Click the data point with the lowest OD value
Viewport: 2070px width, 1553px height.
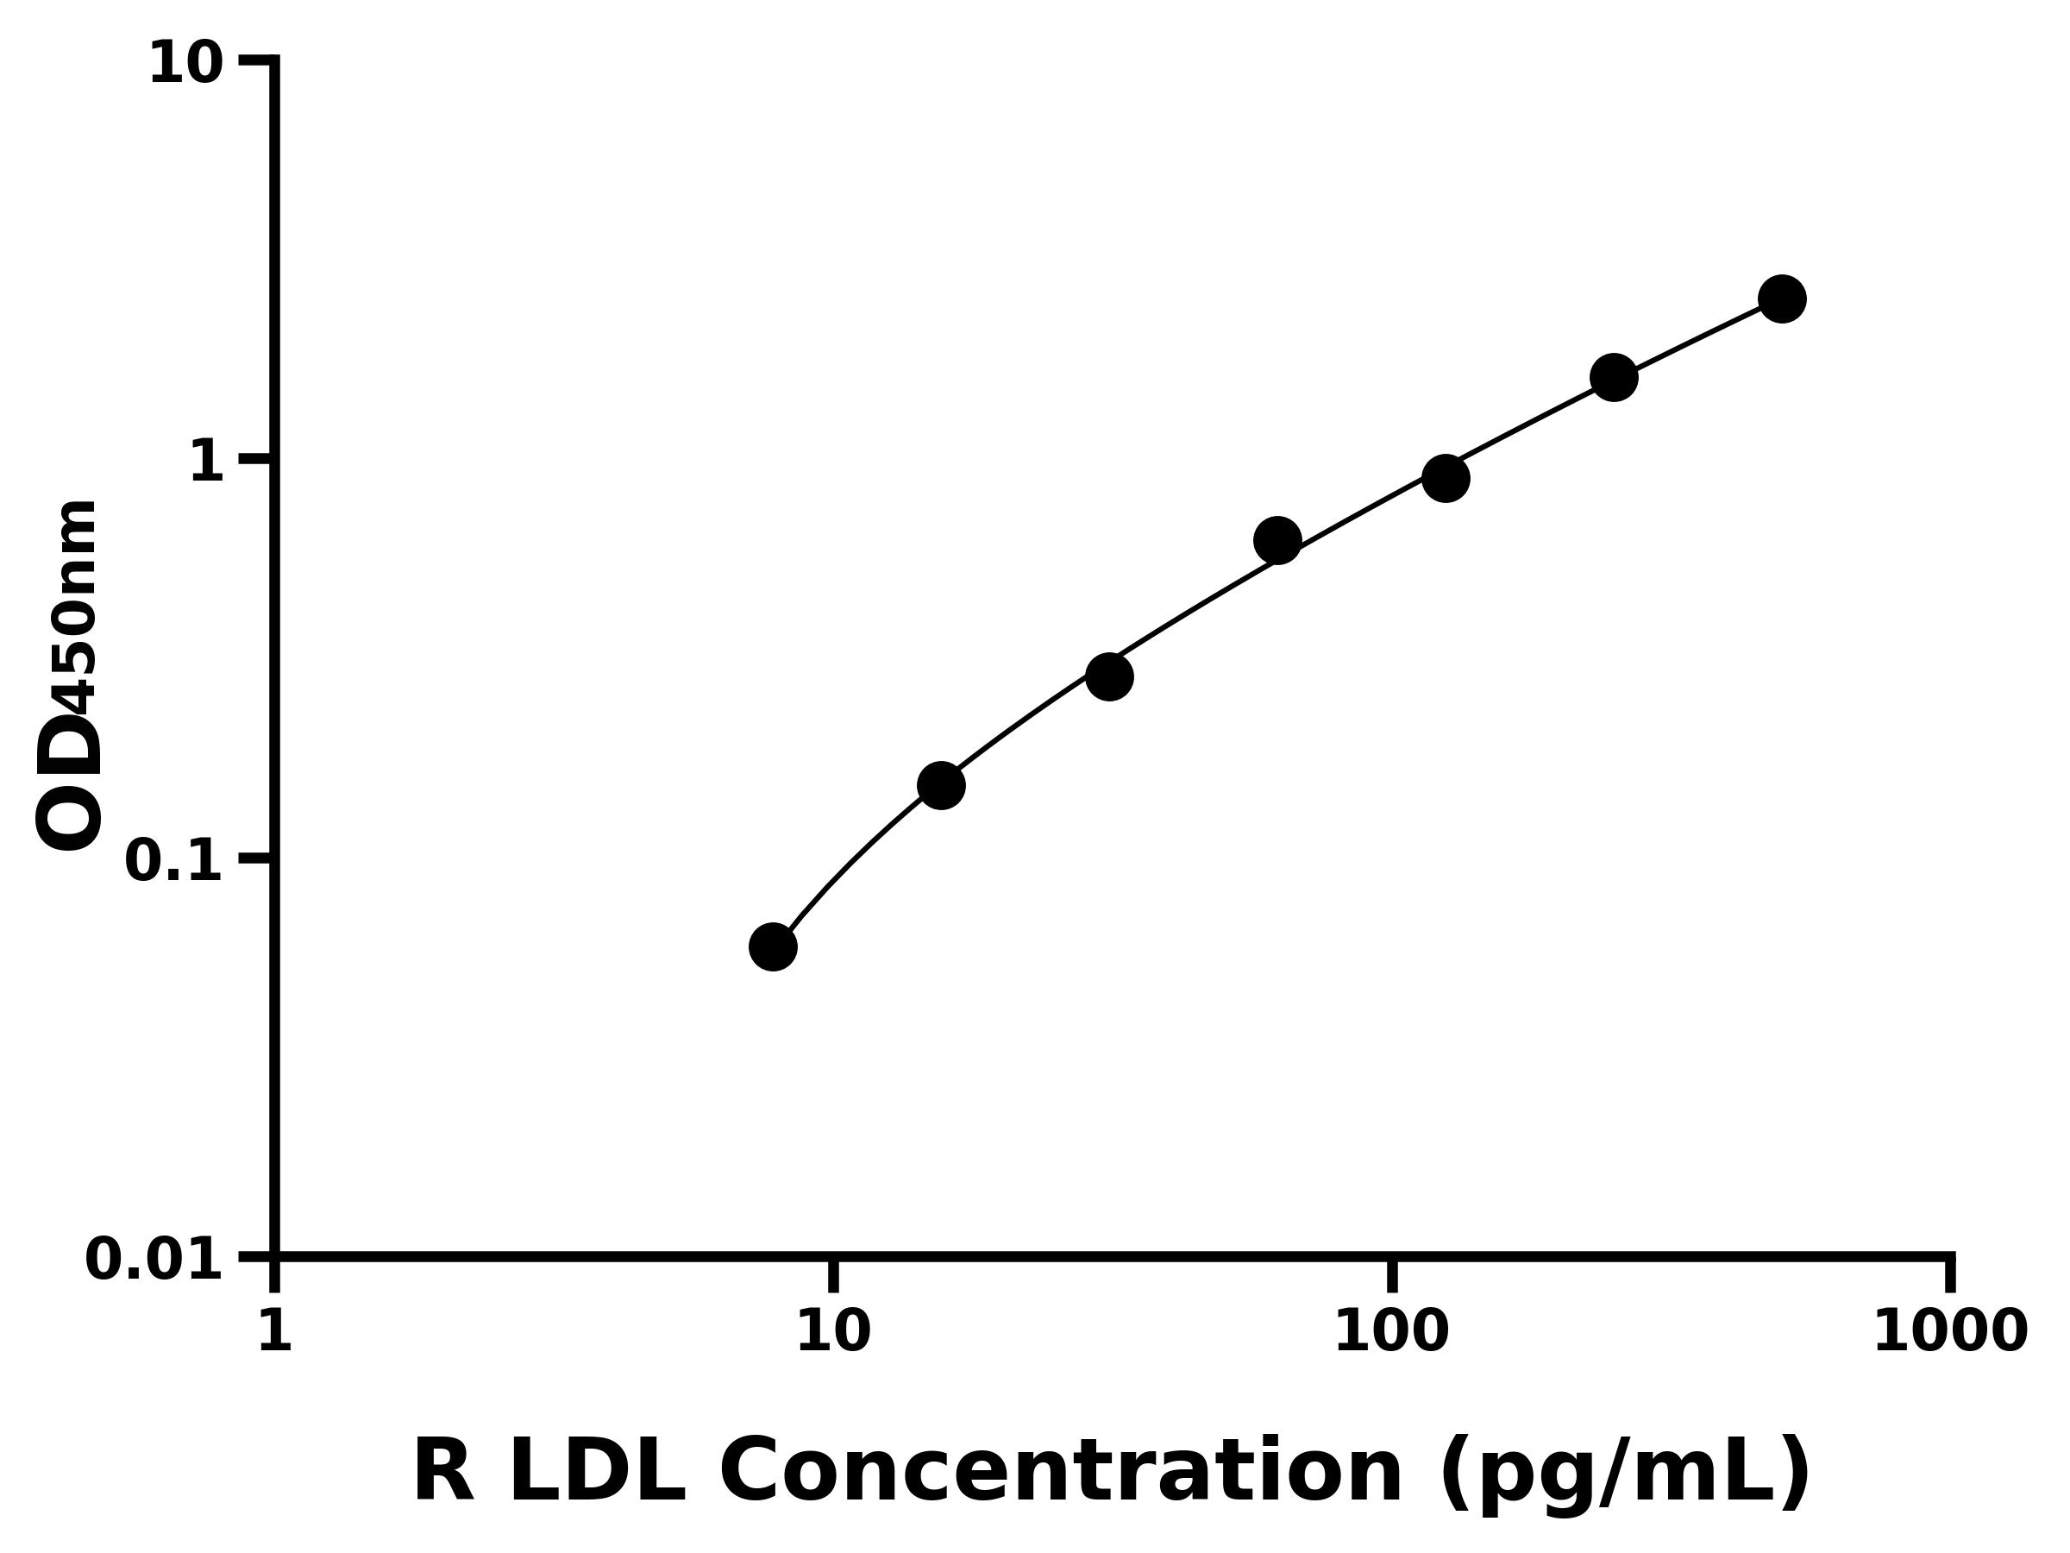(773, 946)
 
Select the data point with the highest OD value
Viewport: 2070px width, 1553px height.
(1782, 299)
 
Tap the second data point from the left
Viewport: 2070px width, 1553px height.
(940, 784)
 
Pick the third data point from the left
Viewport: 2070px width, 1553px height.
(1109, 676)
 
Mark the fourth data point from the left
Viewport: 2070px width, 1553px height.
(1276, 540)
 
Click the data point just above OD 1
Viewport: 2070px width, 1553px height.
(1445, 478)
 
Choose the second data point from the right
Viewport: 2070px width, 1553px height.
(1614, 377)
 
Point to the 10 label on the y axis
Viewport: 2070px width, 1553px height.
(186, 66)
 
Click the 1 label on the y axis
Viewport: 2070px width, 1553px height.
(207, 462)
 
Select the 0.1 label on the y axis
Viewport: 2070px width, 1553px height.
(174, 861)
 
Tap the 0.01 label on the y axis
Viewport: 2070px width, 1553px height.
(154, 1260)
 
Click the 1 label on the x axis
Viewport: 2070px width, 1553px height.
(275, 1331)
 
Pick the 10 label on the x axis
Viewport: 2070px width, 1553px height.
(833, 1331)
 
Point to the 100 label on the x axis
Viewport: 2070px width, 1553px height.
(1391, 1331)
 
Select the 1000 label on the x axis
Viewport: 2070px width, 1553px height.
(1950, 1331)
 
